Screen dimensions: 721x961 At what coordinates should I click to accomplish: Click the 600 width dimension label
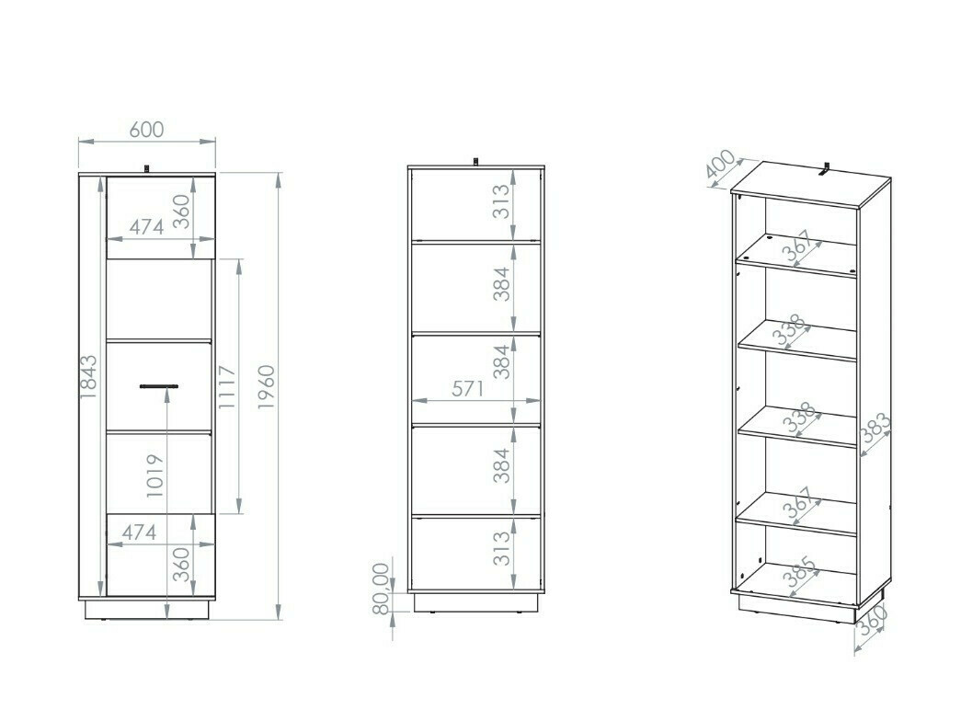[146, 130]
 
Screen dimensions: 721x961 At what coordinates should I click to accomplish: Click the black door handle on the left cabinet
[159, 386]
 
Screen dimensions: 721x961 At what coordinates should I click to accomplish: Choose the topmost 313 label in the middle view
[499, 203]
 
